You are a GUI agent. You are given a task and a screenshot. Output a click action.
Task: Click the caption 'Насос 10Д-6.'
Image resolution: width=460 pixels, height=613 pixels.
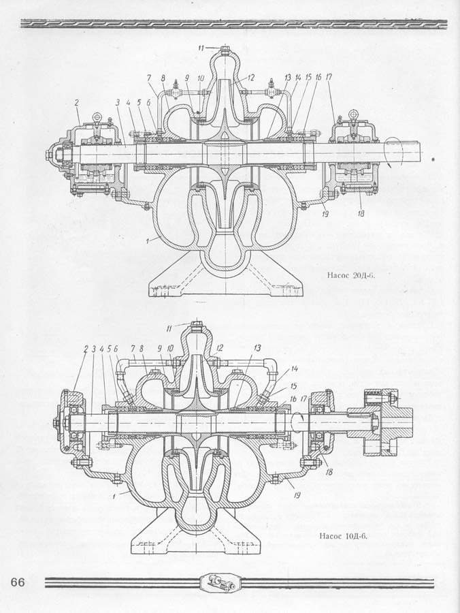(x=344, y=535)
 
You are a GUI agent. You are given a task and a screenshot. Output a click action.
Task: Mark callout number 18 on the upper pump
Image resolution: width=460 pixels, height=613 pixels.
(x=359, y=213)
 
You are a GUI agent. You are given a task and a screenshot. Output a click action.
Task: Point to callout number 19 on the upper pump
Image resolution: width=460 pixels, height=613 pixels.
(x=326, y=213)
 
